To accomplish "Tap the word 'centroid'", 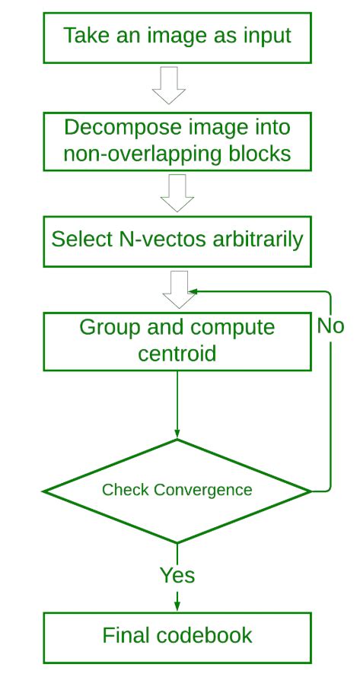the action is tap(177, 354).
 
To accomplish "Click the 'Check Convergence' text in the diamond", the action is tap(177, 490).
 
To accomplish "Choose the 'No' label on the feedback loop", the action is tap(330, 326).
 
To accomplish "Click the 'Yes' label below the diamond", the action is tap(177, 575).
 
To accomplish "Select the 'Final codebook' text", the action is tap(177, 635).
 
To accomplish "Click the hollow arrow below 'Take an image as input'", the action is tap(169, 85).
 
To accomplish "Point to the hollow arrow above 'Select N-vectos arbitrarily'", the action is tap(177, 193).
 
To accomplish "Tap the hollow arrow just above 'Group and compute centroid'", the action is tap(179, 290).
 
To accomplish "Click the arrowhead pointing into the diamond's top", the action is tap(177, 433).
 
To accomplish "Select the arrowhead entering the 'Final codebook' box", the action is tap(177, 606).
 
